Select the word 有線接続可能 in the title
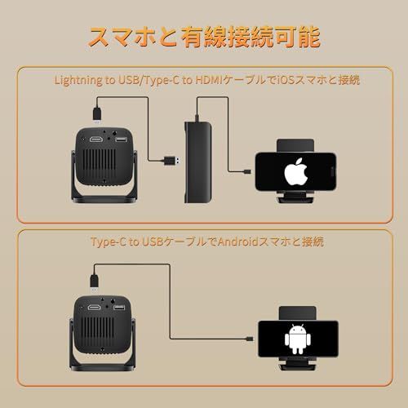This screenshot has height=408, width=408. [261, 38]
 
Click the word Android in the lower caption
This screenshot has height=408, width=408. [225, 242]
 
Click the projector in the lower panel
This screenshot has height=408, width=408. [108, 323]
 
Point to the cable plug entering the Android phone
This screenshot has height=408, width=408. [255, 335]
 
